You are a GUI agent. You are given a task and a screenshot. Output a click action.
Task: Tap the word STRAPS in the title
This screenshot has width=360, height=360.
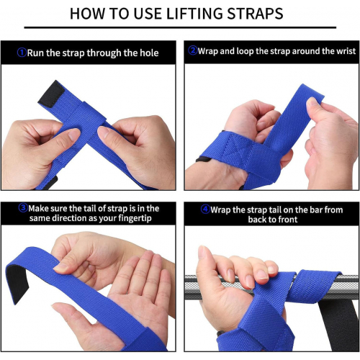pos(255,14)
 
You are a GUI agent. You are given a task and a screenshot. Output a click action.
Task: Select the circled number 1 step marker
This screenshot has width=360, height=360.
pos(22,53)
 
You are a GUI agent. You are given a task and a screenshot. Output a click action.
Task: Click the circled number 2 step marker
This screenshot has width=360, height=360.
pos(193,50)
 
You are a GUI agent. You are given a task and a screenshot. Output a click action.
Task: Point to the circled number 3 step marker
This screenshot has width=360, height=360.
pos(23,208)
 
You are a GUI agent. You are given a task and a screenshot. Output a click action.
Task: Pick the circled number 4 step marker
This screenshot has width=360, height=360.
pos(205,210)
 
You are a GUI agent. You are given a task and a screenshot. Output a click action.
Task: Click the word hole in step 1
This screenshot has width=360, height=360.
pos(149,53)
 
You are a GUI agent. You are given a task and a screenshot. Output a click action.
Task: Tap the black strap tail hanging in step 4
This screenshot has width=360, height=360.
pos(340,326)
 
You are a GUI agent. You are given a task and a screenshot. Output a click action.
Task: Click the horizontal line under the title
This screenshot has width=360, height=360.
pos(180,27)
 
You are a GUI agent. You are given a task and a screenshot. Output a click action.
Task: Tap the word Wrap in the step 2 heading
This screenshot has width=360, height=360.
pos(208,51)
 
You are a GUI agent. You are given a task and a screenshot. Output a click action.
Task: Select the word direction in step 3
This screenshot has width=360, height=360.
pos(69,218)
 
